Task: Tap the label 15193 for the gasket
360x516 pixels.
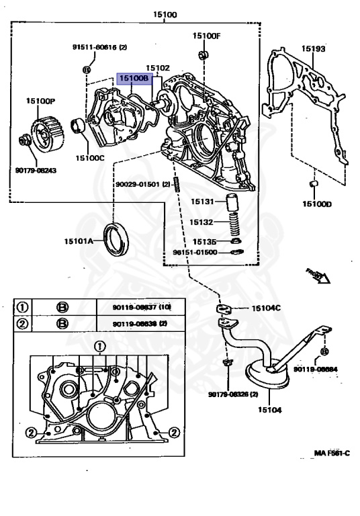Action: (x=312, y=49)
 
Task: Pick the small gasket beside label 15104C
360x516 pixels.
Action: (x=226, y=308)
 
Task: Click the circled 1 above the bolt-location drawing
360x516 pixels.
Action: (x=99, y=347)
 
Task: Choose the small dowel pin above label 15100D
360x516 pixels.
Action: (x=313, y=183)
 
